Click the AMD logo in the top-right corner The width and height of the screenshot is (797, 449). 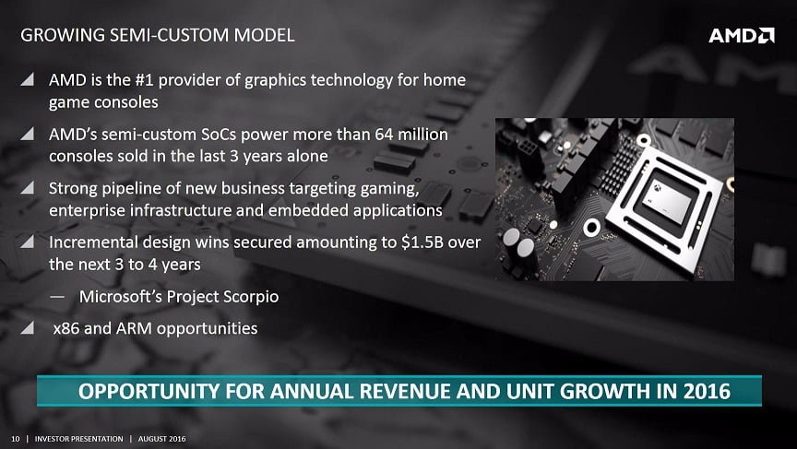click(742, 35)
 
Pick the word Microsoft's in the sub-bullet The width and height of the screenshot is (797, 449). click(121, 296)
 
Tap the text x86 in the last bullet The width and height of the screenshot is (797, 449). click(66, 328)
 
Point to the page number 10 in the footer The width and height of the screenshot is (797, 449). click(16, 439)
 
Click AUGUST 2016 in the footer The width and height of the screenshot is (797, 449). click(162, 439)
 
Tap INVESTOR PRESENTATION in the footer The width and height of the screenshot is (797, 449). click(78, 439)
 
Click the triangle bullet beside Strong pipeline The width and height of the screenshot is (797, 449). click(28, 188)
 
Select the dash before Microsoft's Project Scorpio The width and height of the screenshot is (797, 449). click(57, 297)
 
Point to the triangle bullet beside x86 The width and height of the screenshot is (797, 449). click(28, 327)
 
